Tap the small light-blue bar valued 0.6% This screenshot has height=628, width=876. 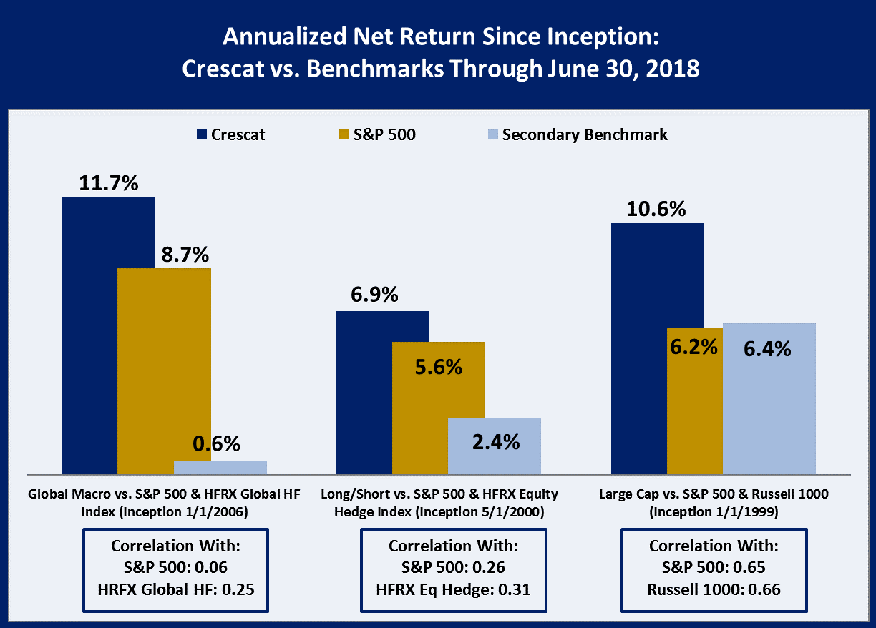220,467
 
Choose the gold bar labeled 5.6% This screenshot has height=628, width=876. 439,408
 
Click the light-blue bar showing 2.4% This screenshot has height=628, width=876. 495,446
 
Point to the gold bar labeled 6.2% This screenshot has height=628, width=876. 694,401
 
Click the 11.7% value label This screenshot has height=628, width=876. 108,183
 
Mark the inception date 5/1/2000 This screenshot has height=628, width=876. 518,512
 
